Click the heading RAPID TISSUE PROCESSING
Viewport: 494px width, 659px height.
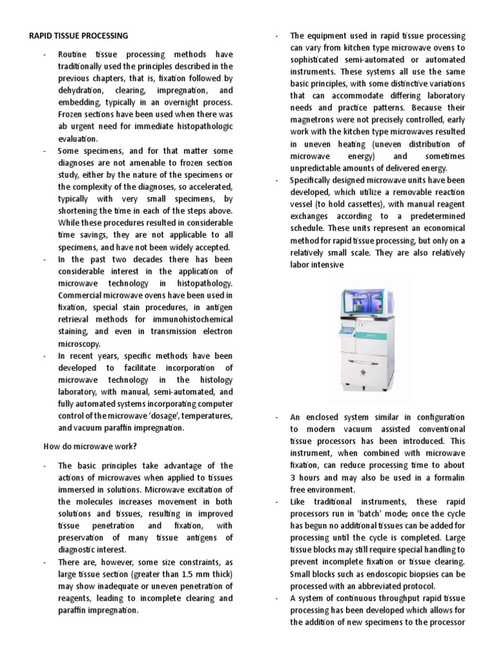(78, 35)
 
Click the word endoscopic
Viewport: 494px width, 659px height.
(392, 573)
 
